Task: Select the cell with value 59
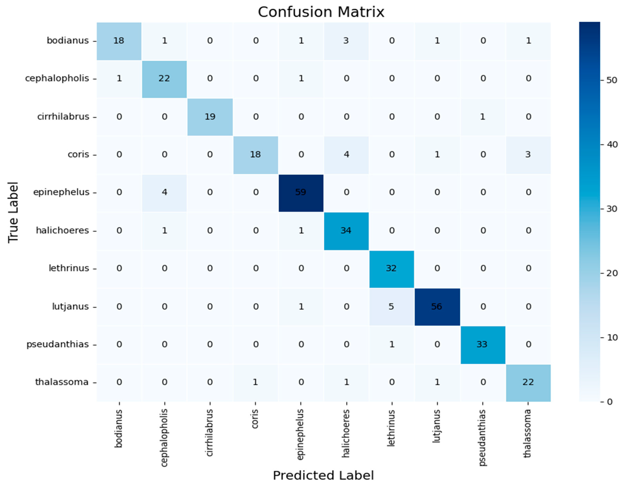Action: (x=301, y=192)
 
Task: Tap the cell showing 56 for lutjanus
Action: (x=437, y=307)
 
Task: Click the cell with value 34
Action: (x=346, y=230)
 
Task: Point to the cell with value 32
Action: (x=391, y=269)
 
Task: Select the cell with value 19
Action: (x=210, y=117)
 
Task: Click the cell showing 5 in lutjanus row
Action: (x=391, y=307)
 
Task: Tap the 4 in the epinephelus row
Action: (x=165, y=192)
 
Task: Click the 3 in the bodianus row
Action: (x=346, y=41)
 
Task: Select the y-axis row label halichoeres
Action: (x=62, y=230)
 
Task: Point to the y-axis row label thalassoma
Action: (x=62, y=382)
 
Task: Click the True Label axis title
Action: (x=13, y=212)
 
